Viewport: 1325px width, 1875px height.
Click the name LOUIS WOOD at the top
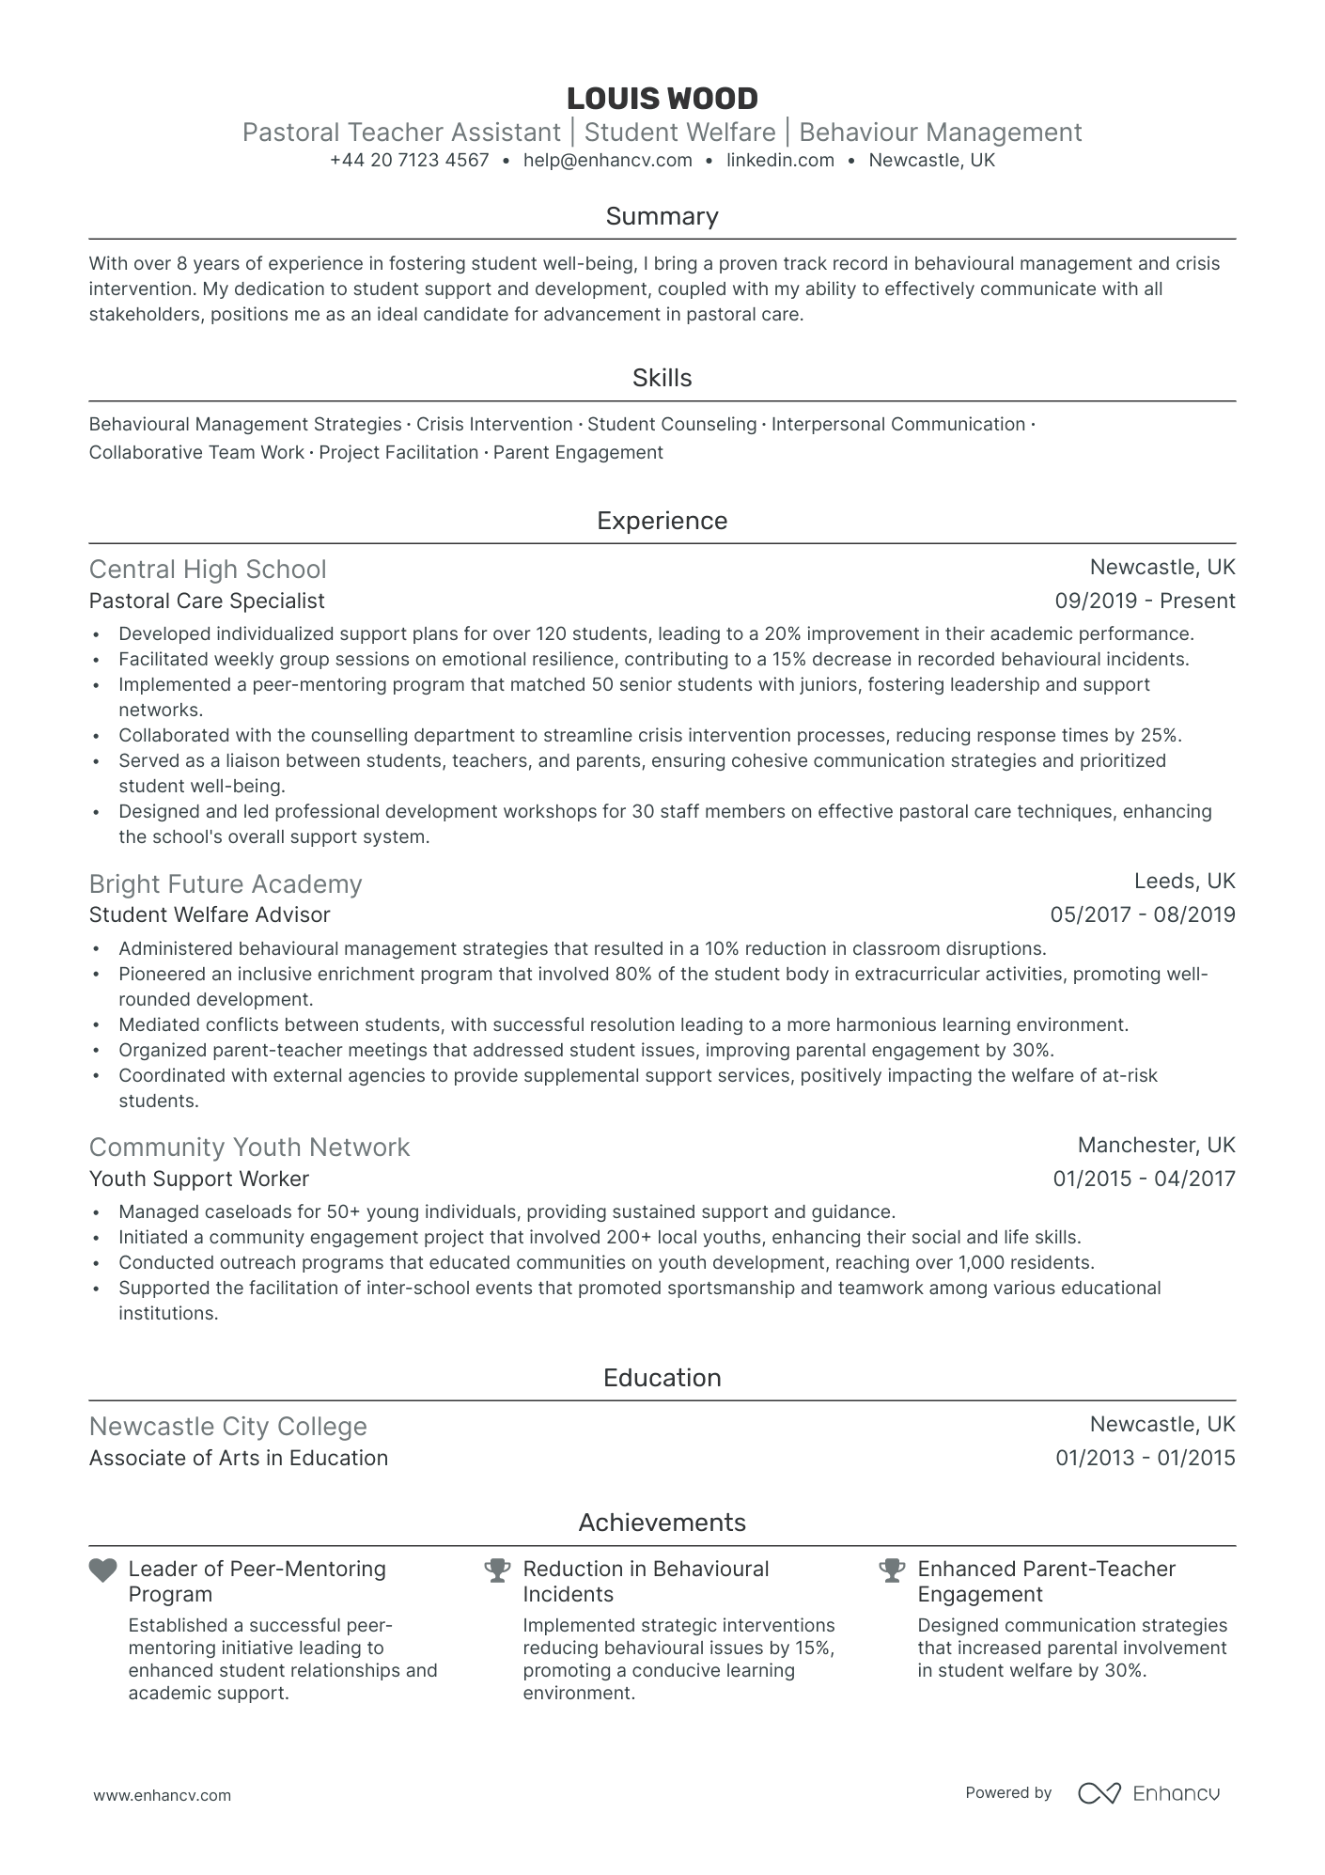pos(662,99)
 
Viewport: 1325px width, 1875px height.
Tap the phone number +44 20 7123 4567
pos(410,161)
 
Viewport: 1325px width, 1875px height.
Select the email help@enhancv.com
pos(607,161)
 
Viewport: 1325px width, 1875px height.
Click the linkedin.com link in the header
pos(780,161)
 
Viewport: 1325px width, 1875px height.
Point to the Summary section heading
pos(662,216)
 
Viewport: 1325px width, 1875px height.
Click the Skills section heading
pos(662,378)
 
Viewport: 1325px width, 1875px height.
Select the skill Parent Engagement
pos(578,453)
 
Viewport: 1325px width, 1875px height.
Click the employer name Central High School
pos(208,570)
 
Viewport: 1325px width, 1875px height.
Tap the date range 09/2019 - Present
pos(1145,602)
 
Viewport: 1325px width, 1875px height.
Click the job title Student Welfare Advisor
pos(210,915)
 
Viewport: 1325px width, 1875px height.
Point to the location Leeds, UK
pos(1184,882)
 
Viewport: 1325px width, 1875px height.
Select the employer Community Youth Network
pos(249,1148)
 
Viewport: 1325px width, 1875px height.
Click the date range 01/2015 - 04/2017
pos(1144,1180)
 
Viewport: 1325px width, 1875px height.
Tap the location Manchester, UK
pos(1156,1146)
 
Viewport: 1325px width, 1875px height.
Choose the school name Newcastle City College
pos(227,1427)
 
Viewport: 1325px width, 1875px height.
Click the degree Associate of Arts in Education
pos(239,1459)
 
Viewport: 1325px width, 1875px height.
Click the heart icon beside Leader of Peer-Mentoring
pos(102,1570)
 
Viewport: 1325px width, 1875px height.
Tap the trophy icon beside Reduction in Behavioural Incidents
pos(497,1570)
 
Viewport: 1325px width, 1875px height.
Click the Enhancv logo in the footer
pos(1148,1793)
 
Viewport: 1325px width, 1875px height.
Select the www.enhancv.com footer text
pos(162,1795)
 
